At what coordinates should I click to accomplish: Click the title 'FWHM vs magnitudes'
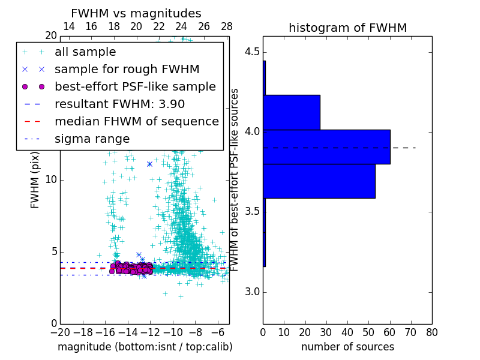tap(136, 13)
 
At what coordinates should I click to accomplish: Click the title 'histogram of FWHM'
tap(347, 28)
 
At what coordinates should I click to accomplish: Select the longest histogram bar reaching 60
tap(326, 146)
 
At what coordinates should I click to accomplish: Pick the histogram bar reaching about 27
tap(292, 112)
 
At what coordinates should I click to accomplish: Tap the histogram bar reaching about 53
tap(319, 181)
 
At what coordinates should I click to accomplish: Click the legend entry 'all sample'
tap(85, 52)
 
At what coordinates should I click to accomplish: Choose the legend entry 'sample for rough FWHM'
tap(127, 69)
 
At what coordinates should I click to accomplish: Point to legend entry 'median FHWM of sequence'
tap(136, 121)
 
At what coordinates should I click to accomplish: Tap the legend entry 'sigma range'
tap(92, 139)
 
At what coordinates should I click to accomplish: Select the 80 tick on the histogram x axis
tap(431, 332)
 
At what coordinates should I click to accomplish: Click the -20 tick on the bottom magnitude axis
tap(60, 332)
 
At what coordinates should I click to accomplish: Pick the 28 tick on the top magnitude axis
tap(227, 26)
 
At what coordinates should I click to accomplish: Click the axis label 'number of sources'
tap(347, 347)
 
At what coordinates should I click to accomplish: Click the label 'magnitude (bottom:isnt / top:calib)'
tap(145, 347)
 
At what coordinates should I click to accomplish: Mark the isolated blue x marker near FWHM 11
tap(149, 164)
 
